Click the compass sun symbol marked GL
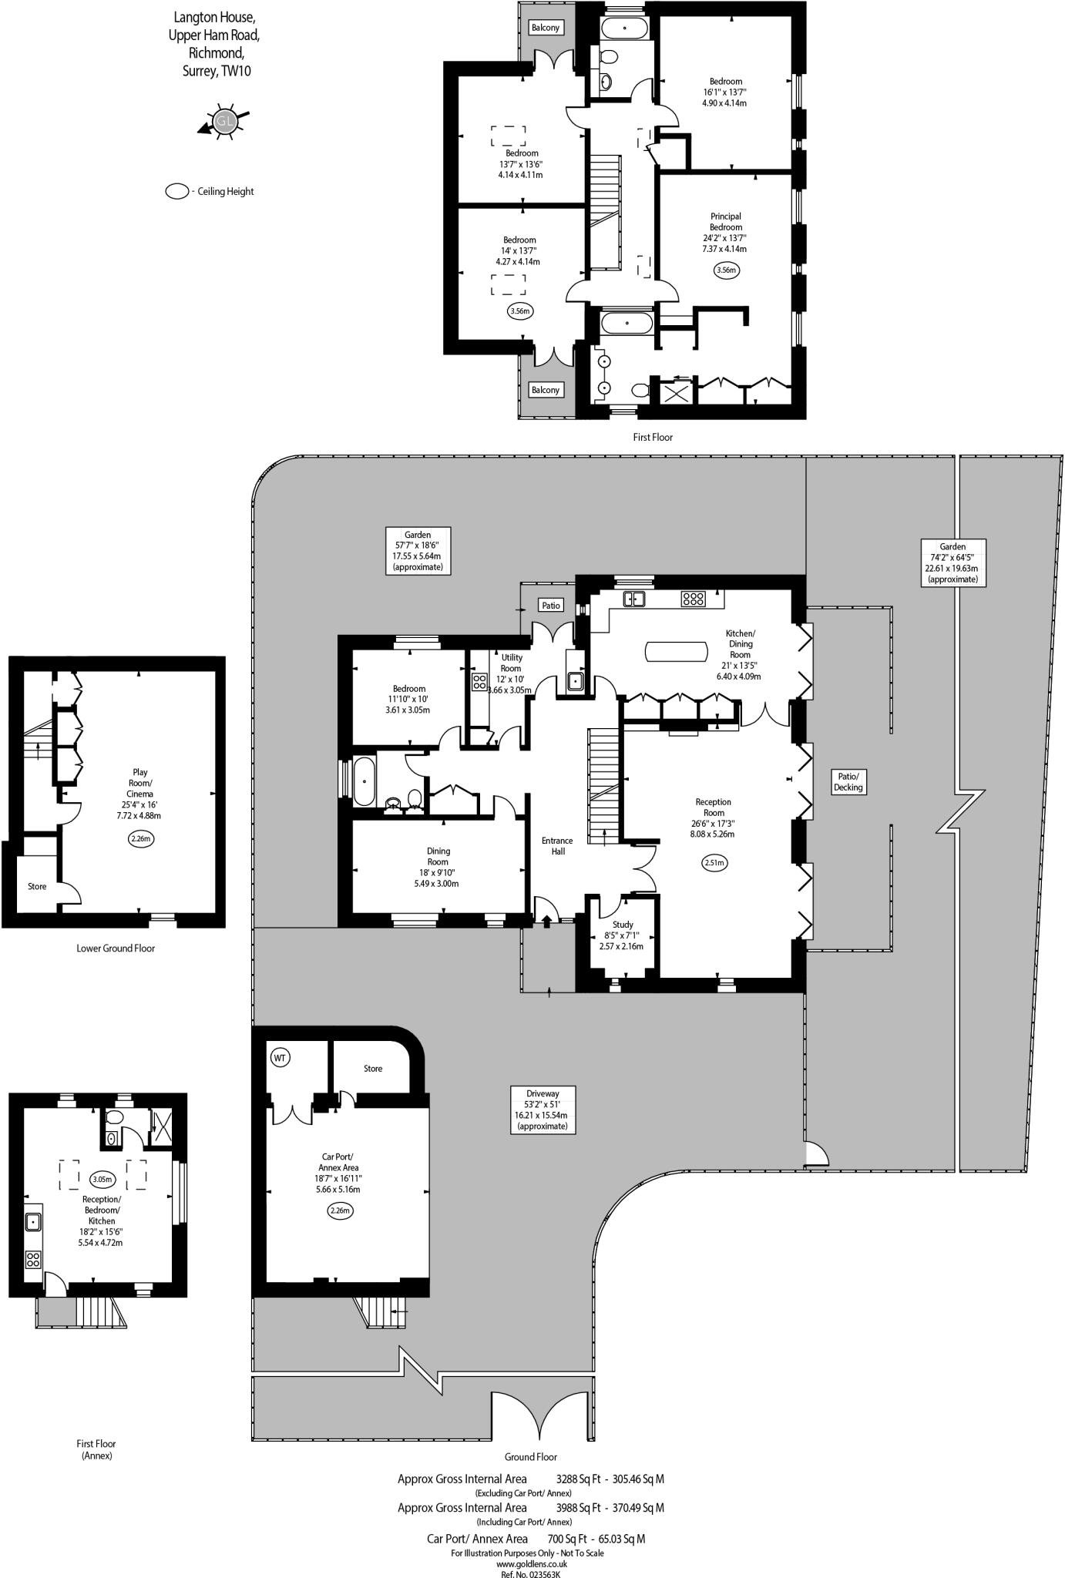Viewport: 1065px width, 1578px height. tap(224, 122)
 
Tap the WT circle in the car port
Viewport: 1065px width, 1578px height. tap(280, 1058)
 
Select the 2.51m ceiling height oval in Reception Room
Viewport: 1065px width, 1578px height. tap(714, 863)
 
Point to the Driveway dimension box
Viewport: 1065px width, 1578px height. tap(543, 1110)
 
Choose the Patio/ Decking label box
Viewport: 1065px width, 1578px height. tap(848, 782)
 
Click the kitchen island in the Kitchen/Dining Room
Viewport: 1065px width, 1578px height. tap(676, 652)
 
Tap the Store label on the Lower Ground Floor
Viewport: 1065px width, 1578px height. tap(37, 887)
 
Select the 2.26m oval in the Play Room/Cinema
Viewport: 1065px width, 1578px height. tap(140, 838)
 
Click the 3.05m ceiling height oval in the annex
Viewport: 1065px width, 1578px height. tap(102, 1179)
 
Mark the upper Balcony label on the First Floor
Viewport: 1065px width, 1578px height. tap(545, 28)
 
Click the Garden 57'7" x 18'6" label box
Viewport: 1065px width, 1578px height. tap(418, 550)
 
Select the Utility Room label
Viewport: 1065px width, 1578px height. tap(512, 663)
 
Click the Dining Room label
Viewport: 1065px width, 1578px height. tap(438, 856)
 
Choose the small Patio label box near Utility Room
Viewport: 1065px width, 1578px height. tap(551, 605)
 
